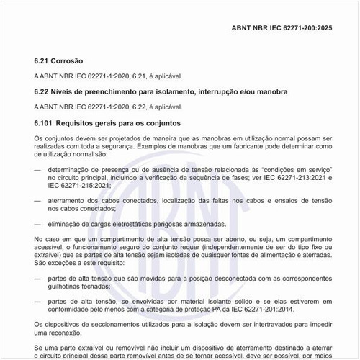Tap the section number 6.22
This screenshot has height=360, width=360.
coord(42,92)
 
